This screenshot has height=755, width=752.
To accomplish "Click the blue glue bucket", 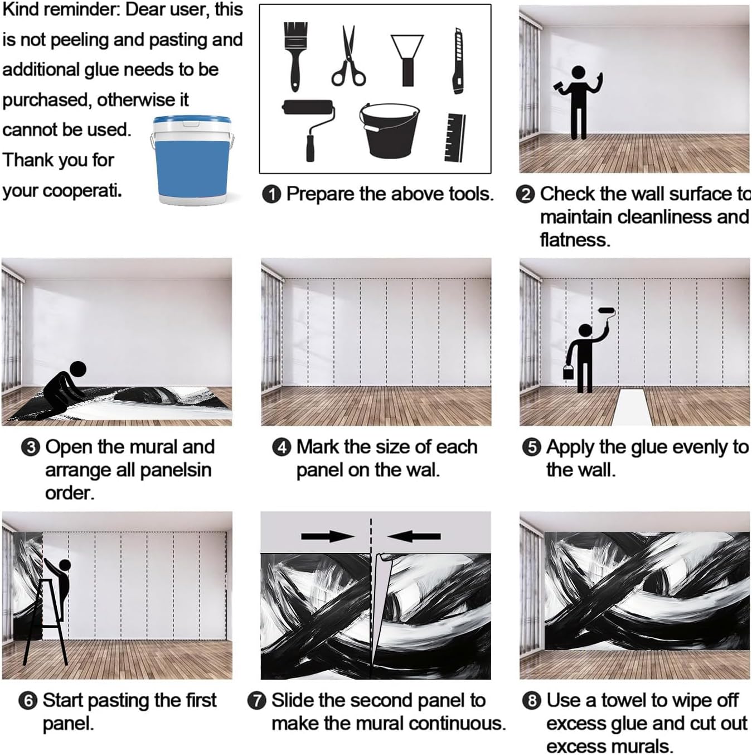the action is pyautogui.click(x=191, y=160).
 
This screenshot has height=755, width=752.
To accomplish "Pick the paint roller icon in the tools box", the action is pyautogui.click(x=309, y=130).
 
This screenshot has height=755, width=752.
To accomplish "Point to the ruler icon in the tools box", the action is pyautogui.click(x=455, y=137).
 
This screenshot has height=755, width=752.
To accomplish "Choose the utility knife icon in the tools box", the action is pyautogui.click(x=457, y=61).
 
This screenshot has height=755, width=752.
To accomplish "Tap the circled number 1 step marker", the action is pyautogui.click(x=271, y=194).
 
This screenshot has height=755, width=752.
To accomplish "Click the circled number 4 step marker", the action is pyautogui.click(x=282, y=448).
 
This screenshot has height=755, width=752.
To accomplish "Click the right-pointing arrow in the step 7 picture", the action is pyautogui.click(x=328, y=536).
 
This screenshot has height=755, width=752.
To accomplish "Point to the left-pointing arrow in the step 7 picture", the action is pyautogui.click(x=414, y=536).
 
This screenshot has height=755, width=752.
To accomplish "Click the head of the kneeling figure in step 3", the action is pyautogui.click(x=77, y=369).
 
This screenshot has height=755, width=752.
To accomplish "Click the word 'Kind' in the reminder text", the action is pyautogui.click(x=22, y=9).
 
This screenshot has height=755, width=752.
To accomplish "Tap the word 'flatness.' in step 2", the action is pyautogui.click(x=575, y=240).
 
